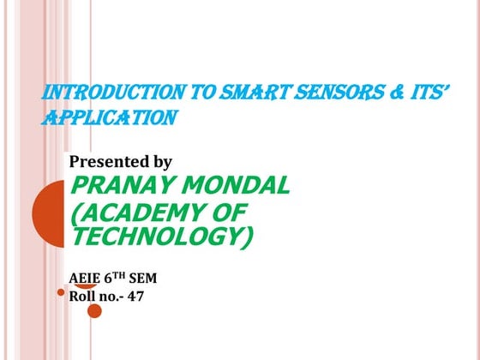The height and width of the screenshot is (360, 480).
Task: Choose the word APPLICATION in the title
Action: (x=109, y=117)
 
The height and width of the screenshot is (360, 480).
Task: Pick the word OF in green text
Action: (x=229, y=212)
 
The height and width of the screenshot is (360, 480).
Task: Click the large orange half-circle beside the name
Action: (x=48, y=210)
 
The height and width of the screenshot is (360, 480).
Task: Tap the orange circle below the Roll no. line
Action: (x=94, y=310)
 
